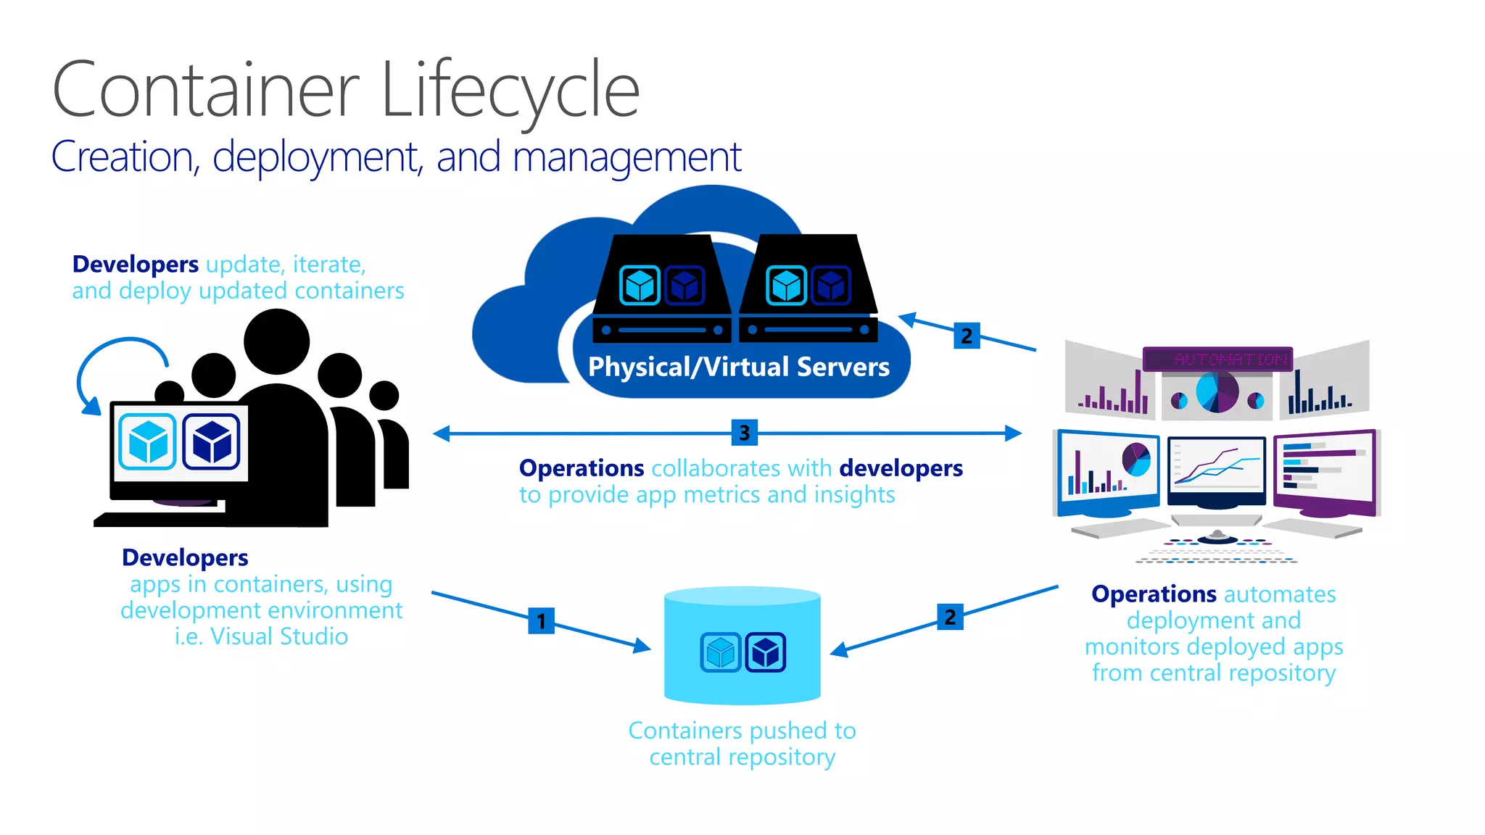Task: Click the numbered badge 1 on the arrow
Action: [541, 621]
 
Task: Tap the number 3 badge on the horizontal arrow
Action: [744, 433]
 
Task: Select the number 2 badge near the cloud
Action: [967, 336]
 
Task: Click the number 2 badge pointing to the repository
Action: [950, 617]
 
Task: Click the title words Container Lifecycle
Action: [346, 91]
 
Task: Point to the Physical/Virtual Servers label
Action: [738, 367]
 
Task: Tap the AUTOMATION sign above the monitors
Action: [1217, 359]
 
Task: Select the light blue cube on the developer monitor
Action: [148, 441]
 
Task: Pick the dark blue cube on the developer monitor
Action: [212, 441]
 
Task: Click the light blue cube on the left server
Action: [640, 285]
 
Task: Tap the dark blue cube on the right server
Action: [831, 285]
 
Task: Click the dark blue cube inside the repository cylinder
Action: [765, 652]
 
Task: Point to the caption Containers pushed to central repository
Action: [742, 743]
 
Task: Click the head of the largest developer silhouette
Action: [276, 341]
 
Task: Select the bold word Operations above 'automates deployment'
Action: [1153, 594]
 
